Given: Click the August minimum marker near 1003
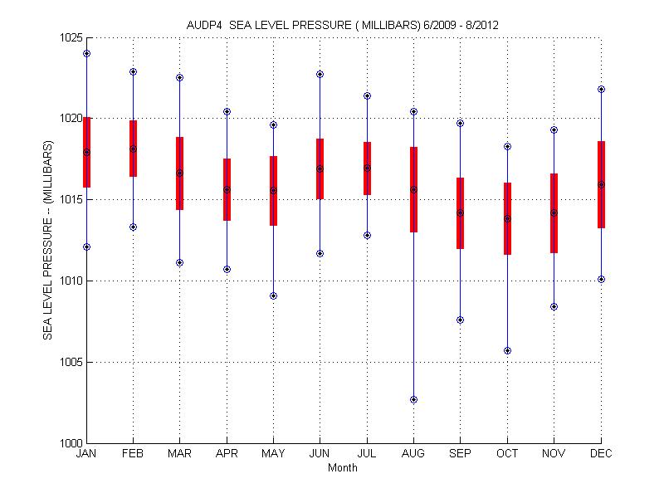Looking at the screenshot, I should (x=413, y=399).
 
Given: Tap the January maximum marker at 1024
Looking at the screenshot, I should (x=86, y=53).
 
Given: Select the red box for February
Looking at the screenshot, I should (x=133, y=149).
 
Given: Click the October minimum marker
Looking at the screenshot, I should (x=507, y=350).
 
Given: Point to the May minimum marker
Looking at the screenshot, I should (x=273, y=295).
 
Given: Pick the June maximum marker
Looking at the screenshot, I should (x=320, y=74).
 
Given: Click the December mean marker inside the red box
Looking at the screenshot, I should (x=601, y=184).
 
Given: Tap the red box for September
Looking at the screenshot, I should (x=460, y=213).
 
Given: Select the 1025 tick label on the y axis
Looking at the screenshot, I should (x=69, y=38).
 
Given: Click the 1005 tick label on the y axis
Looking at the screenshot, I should (x=69, y=363).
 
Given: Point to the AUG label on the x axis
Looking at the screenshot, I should (x=413, y=454).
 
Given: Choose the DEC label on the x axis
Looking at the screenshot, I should (x=601, y=454).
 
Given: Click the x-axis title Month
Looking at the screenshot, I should (x=343, y=467).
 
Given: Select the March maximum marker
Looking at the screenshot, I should (x=179, y=77).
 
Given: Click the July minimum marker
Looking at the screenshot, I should (x=367, y=235).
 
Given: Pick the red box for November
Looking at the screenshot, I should (x=554, y=213).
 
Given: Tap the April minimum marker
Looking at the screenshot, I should (x=227, y=269).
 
